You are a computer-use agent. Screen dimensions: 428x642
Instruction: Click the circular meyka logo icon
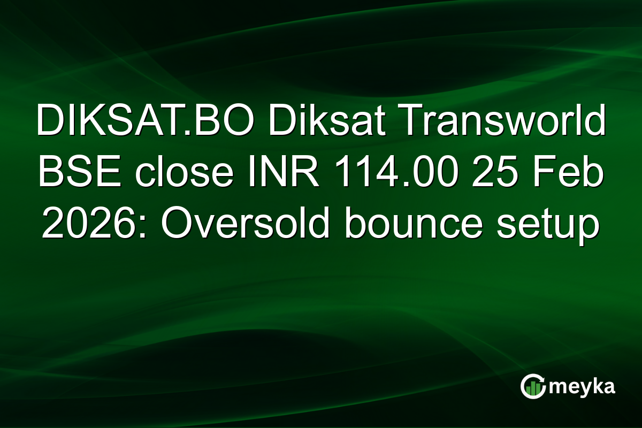[533, 387]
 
